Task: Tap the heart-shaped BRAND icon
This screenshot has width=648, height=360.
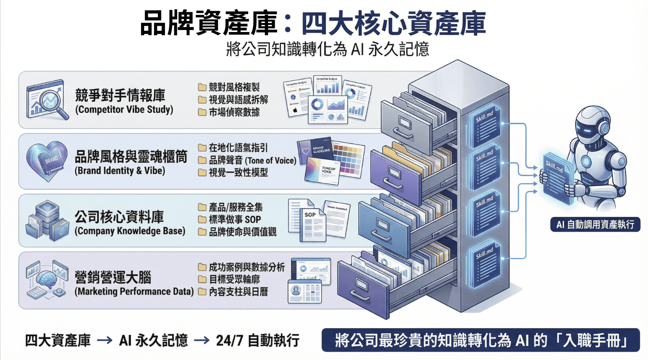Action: click(x=47, y=160)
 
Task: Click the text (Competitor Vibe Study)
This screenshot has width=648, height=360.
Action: click(x=124, y=110)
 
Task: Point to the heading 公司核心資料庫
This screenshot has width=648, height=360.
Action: click(x=119, y=217)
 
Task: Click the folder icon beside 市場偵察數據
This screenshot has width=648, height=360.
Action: click(x=202, y=112)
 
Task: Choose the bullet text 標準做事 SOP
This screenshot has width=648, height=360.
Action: click(x=235, y=220)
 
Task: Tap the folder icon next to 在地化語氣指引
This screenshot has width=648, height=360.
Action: click(x=202, y=148)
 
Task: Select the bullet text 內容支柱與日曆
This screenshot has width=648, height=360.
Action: click(x=238, y=292)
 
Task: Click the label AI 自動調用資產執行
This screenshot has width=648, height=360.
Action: click(x=595, y=224)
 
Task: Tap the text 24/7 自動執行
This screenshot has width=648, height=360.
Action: click(x=258, y=340)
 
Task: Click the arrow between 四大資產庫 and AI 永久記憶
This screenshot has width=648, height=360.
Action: click(x=105, y=340)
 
